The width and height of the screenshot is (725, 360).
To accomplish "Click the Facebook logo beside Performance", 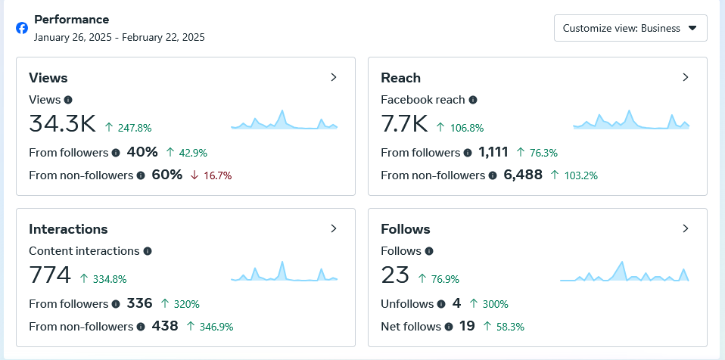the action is click(x=22, y=28).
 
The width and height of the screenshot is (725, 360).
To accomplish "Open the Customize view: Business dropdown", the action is click(x=630, y=28).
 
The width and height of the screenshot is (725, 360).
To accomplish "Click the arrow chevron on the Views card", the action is click(x=334, y=77).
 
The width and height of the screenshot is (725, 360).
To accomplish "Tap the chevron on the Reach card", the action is click(x=686, y=77).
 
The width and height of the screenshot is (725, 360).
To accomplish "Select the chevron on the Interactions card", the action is click(x=334, y=228).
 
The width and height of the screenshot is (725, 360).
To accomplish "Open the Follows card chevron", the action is click(x=686, y=228).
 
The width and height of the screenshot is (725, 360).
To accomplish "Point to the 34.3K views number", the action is click(x=62, y=124).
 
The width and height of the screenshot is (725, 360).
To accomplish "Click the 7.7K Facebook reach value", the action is click(x=405, y=124).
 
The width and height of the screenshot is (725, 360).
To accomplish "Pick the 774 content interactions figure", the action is click(x=50, y=275).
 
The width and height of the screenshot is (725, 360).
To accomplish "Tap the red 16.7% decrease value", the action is click(x=217, y=175).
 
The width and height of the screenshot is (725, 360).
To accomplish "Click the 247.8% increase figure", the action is click(x=135, y=128).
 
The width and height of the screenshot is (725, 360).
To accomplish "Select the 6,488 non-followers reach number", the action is click(x=523, y=175).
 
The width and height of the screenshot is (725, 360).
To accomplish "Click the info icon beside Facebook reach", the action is click(x=472, y=99).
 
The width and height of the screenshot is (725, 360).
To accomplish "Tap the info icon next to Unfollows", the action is click(x=441, y=303).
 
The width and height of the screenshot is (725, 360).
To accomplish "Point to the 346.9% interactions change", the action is click(x=216, y=327).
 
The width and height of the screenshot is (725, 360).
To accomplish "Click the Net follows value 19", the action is click(x=467, y=326).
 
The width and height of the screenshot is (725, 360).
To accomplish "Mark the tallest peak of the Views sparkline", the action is click(x=282, y=110).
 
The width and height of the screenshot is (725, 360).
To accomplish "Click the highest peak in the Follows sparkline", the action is click(x=622, y=262).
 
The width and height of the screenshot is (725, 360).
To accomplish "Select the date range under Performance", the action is click(x=120, y=37).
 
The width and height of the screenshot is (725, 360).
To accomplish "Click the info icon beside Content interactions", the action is click(x=148, y=251).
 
